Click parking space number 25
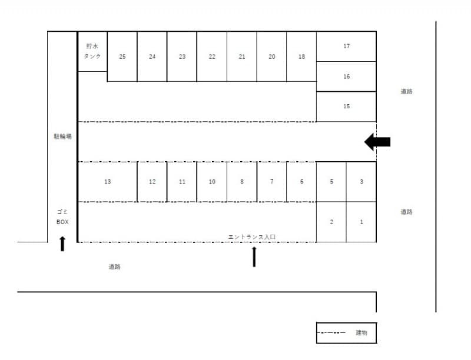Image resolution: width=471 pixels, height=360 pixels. click(x=122, y=56)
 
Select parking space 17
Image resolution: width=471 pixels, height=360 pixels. click(x=346, y=46)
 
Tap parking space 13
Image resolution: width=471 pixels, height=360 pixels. click(x=108, y=182)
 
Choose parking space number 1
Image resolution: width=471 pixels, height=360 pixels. click(x=361, y=222)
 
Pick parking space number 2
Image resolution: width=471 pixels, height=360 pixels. click(x=331, y=222)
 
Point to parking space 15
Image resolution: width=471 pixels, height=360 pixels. click(x=346, y=106)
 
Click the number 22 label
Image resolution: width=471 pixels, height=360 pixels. click(x=212, y=56)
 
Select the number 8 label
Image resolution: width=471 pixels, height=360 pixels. click(x=242, y=182)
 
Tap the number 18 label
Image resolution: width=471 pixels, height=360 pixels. click(x=301, y=56)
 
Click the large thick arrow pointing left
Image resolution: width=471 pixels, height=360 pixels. click(x=377, y=142)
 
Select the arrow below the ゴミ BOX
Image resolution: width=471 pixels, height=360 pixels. click(x=62, y=244)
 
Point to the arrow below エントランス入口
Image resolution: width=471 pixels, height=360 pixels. click(x=254, y=256)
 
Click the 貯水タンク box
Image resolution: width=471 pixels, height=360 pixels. click(x=92, y=51)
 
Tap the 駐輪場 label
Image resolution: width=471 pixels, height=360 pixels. click(x=63, y=136)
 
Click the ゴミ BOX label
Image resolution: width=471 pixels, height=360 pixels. click(x=62, y=216)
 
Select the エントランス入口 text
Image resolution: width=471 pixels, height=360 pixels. click(x=252, y=237)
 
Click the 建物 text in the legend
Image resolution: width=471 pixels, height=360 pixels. click(x=361, y=332)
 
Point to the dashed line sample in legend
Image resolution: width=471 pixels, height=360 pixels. click(x=331, y=332)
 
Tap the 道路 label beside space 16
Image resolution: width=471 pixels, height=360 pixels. click(x=406, y=91)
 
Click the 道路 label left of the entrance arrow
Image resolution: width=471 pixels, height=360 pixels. click(x=114, y=266)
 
